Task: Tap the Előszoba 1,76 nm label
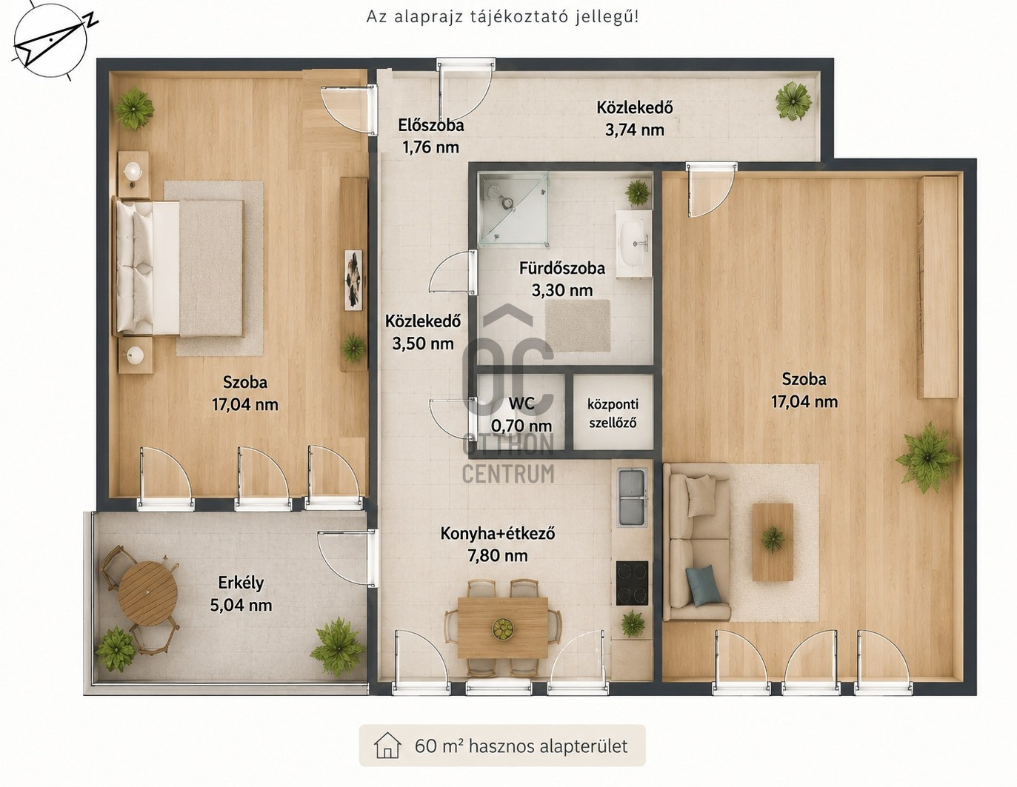tap(430, 136)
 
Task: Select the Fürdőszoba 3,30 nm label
tap(562, 279)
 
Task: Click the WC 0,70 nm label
tap(521, 415)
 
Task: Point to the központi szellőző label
tap(613, 413)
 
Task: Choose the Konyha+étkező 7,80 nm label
tap(498, 544)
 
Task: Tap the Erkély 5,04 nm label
tap(241, 594)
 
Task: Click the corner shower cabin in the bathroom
tap(513, 209)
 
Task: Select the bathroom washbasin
tap(634, 243)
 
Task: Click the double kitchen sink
tap(633, 498)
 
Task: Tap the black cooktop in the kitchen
tap(633, 583)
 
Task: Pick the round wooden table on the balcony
tap(148, 594)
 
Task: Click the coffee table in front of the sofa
tap(773, 542)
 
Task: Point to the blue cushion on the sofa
tap(704, 586)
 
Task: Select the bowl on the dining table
tap(503, 629)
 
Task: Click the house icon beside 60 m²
tap(387, 746)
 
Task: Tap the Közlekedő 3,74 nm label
tap(635, 118)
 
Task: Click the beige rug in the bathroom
tap(578, 326)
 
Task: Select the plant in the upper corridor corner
tap(793, 101)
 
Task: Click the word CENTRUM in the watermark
tap(508, 473)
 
